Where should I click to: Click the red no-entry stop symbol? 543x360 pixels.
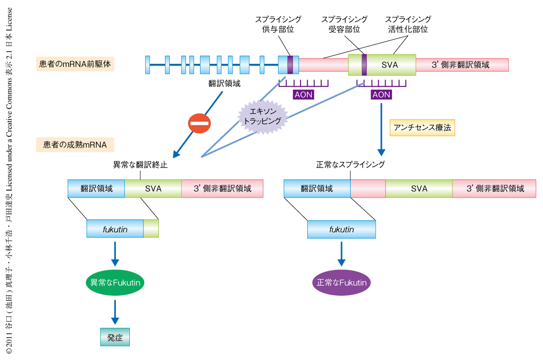click(x=200, y=123)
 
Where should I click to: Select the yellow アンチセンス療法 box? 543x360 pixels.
click(x=422, y=128)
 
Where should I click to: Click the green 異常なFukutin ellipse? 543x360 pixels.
click(x=115, y=283)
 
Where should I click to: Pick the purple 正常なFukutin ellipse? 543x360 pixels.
click(x=342, y=283)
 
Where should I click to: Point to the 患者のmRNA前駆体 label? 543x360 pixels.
click(x=75, y=64)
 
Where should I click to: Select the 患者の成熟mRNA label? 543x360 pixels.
click(x=75, y=145)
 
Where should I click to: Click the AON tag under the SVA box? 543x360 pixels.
click(x=381, y=95)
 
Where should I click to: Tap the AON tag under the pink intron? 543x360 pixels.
click(x=303, y=95)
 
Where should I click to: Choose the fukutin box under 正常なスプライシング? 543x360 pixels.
click(x=342, y=229)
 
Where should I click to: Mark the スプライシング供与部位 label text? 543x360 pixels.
click(x=278, y=24)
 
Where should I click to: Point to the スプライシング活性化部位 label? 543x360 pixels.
click(x=408, y=24)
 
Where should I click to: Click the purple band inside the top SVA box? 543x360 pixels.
click(x=364, y=65)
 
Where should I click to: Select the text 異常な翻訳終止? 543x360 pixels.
click(x=140, y=165)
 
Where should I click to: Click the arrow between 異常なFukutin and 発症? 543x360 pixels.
click(x=115, y=312)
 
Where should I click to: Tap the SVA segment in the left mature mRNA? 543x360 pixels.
click(x=153, y=189)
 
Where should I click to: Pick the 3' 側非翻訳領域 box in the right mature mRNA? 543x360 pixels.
click(x=494, y=189)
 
